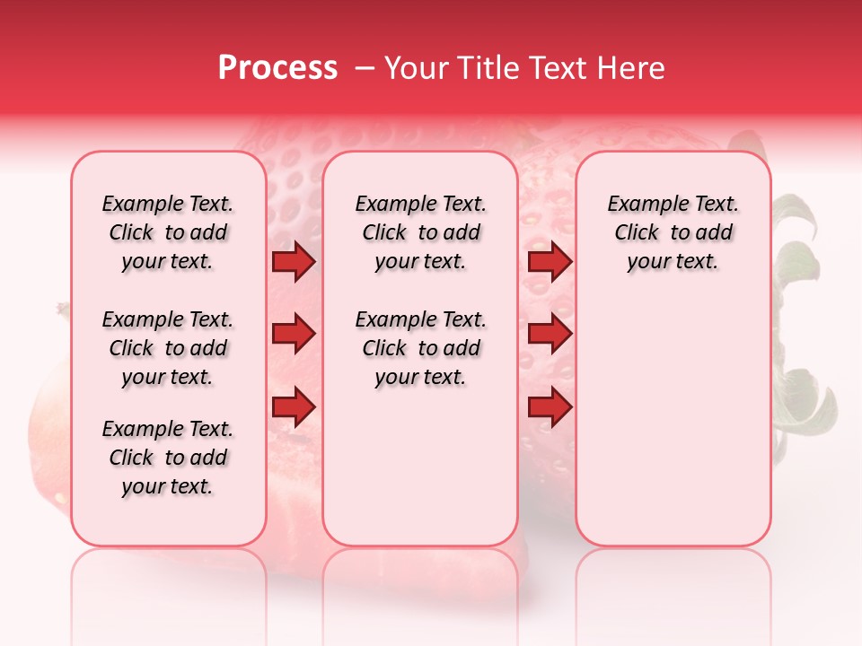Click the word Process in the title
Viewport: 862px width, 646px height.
pyautogui.click(x=277, y=68)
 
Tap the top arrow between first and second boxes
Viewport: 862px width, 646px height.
pyautogui.click(x=294, y=262)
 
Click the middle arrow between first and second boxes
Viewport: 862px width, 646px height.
pyautogui.click(x=294, y=334)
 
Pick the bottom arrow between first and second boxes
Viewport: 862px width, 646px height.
pyautogui.click(x=294, y=406)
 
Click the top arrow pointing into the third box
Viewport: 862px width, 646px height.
pyautogui.click(x=550, y=262)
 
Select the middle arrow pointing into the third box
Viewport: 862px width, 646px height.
pyautogui.click(x=550, y=334)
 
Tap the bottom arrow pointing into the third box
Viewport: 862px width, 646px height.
pyautogui.click(x=550, y=406)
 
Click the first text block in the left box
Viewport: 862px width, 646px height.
pyautogui.click(x=168, y=232)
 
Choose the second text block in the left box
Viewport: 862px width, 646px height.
pyautogui.click(x=168, y=348)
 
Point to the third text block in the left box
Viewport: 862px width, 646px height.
pyautogui.click(x=168, y=458)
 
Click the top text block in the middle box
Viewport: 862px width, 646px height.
pyautogui.click(x=420, y=232)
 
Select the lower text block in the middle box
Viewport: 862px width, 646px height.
pyautogui.click(x=420, y=348)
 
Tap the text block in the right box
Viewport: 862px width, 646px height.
pyautogui.click(x=673, y=232)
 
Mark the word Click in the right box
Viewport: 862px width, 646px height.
pyautogui.click(x=637, y=233)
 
